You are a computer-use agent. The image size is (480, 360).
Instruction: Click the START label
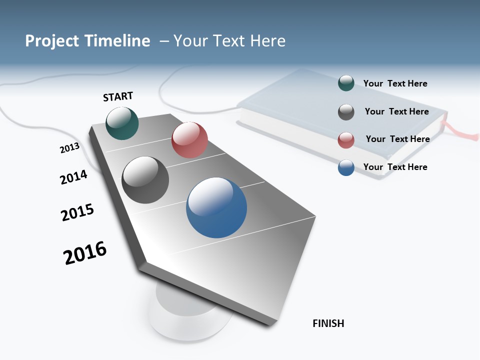[x=118, y=96]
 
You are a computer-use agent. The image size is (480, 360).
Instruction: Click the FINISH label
[x=328, y=323]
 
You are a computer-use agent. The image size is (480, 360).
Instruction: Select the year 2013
[x=69, y=148]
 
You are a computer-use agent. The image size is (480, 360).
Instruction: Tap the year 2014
[x=73, y=177]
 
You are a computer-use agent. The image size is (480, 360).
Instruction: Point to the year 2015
[x=77, y=212]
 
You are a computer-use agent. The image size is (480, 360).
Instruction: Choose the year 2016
[x=85, y=253]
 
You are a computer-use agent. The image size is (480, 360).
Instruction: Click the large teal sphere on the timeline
[x=122, y=123]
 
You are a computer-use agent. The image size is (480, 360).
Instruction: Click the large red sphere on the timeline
[x=189, y=140]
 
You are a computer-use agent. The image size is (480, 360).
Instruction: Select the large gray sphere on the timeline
[x=145, y=180]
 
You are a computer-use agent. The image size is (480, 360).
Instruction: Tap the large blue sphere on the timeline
[x=216, y=207]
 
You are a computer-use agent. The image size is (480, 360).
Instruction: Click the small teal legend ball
[x=346, y=83]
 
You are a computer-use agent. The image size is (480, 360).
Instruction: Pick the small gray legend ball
[x=346, y=112]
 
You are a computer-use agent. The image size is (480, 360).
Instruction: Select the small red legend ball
[x=346, y=140]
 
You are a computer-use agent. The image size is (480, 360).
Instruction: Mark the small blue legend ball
[x=346, y=167]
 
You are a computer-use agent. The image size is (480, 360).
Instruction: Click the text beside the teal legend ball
[x=395, y=83]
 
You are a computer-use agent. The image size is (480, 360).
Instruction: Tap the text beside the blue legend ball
[x=395, y=167]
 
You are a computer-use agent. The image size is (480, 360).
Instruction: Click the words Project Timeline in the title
[x=87, y=41]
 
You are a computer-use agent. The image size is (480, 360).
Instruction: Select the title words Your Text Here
[x=229, y=41]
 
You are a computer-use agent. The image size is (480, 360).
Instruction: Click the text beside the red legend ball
[x=397, y=139]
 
